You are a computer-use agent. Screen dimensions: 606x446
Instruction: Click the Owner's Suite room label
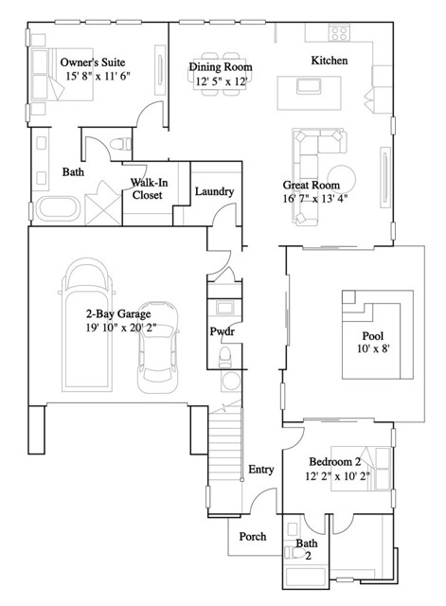[95, 62]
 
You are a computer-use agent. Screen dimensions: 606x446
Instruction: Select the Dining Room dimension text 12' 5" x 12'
[221, 82]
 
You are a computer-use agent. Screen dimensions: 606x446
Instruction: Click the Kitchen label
[330, 61]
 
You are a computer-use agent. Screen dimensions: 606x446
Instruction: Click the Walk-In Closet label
[147, 188]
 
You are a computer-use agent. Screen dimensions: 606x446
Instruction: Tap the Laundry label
[214, 192]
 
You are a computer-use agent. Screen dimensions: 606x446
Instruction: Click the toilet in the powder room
[225, 355]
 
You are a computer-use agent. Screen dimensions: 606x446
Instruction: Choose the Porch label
[252, 537]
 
